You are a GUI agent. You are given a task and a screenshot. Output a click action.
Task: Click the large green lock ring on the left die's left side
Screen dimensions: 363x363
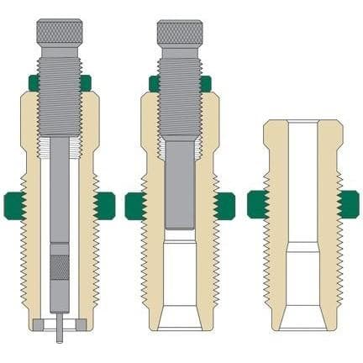(x=15, y=204)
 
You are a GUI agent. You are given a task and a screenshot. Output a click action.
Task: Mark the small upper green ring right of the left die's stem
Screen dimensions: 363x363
(x=85, y=82)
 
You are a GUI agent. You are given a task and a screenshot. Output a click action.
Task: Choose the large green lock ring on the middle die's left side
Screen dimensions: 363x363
(x=135, y=204)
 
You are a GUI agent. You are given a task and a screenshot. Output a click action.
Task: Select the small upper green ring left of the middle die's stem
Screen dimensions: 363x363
(x=153, y=82)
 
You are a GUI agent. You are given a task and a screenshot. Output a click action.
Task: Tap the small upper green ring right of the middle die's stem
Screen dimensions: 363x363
(x=206, y=82)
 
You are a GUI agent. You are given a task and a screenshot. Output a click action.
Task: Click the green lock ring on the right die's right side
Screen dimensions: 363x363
(x=345, y=204)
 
